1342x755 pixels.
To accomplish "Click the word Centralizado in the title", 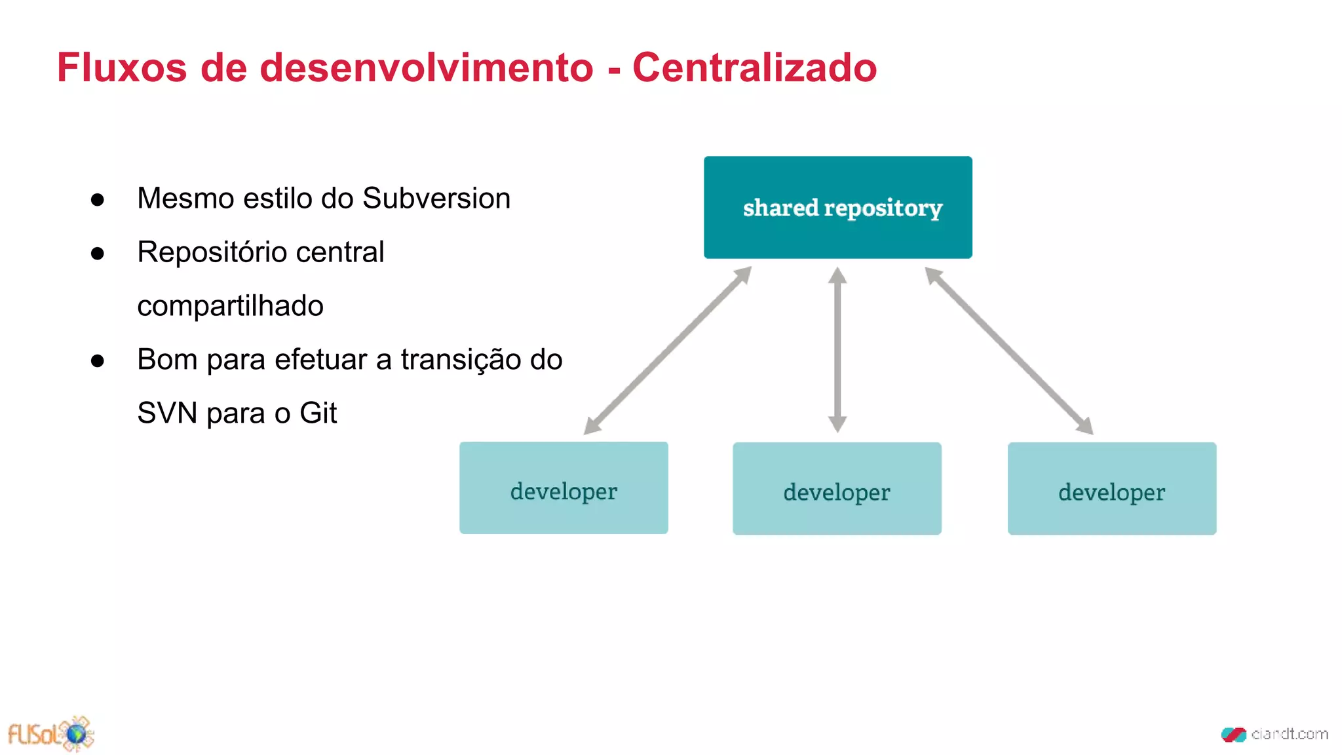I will tap(754, 68).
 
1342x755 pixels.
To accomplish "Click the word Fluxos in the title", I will tap(121, 68).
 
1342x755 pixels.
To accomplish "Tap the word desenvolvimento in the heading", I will tap(427, 68).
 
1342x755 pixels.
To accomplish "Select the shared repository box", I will tap(837, 207).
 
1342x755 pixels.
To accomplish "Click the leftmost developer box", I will tap(564, 488).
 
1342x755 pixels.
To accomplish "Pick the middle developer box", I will tap(837, 489).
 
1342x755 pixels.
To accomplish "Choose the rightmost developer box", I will tap(1111, 489).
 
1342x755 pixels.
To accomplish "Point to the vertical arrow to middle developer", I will tap(837, 350).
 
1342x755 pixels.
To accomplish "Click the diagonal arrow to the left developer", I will tap(667, 351).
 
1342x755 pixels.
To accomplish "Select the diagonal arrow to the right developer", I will tap(1009, 351).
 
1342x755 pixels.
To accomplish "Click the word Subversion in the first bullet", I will tap(436, 199).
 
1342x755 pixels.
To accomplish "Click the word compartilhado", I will tap(230, 306).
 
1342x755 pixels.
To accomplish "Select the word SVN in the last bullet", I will tap(167, 414).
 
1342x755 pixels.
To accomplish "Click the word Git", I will tap(318, 414).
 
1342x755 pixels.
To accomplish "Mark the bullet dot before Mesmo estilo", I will tap(98, 200).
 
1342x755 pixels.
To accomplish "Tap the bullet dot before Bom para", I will tap(98, 361).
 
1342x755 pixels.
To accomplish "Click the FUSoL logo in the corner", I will tap(51, 733).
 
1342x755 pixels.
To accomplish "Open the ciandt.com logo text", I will tap(1288, 734).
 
